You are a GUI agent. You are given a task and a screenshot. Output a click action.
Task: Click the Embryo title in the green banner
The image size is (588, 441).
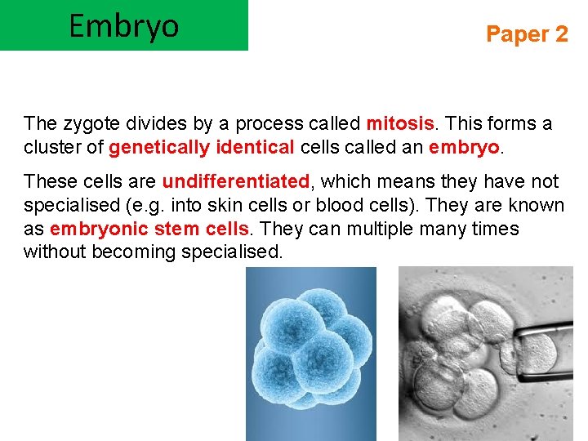123,26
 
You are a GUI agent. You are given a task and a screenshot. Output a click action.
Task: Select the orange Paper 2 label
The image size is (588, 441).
526,34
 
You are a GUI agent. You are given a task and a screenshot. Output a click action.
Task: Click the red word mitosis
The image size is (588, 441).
400,123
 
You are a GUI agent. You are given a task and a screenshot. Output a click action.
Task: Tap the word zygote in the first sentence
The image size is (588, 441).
88,123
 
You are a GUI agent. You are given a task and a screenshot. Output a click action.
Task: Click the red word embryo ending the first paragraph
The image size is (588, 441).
462,147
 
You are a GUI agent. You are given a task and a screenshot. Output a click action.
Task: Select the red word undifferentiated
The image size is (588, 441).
236,181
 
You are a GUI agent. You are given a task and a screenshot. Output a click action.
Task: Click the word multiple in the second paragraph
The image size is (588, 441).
381,228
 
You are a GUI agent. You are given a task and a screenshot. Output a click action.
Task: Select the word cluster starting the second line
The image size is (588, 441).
54,147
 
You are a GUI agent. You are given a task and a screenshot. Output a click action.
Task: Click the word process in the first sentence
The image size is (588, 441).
268,123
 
